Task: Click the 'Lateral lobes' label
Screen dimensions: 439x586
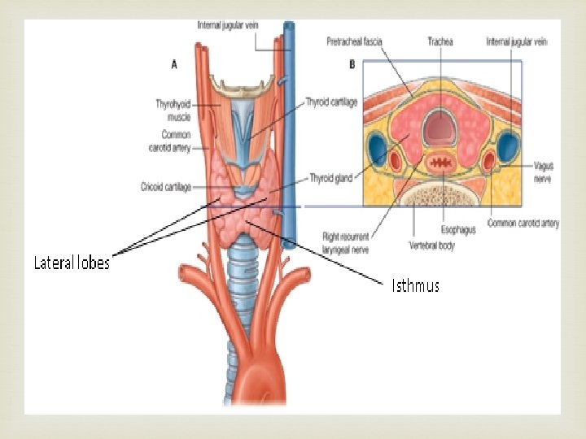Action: click(x=72, y=263)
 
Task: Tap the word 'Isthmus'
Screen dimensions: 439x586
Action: click(x=415, y=285)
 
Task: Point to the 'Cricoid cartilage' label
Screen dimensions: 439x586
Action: click(x=165, y=187)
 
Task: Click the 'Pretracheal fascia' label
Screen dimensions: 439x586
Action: click(x=354, y=41)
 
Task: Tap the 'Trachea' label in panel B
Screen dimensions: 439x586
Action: click(x=439, y=41)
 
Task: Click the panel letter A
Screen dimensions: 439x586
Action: click(x=174, y=63)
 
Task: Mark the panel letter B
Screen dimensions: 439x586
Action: click(x=351, y=63)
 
